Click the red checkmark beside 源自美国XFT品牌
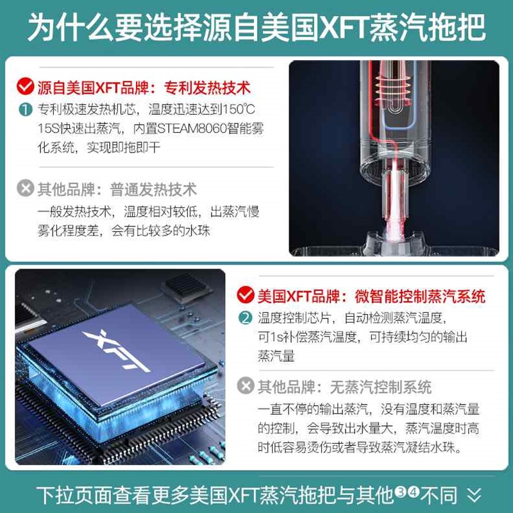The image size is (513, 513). [x=26, y=86]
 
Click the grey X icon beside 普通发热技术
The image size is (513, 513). [x=26, y=189]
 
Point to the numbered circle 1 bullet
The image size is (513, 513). [x=25, y=109]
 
